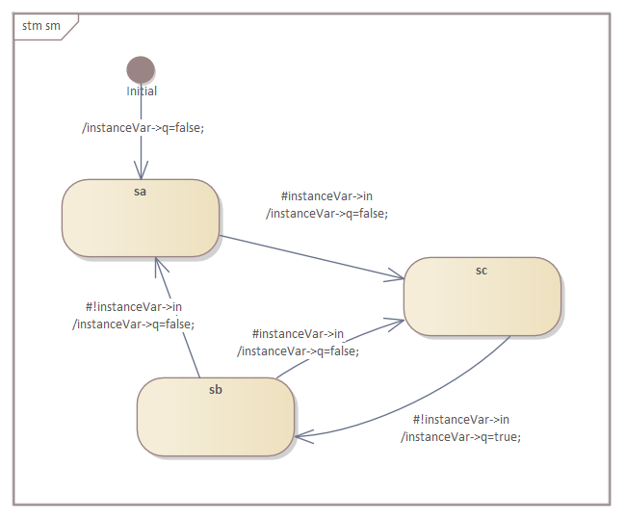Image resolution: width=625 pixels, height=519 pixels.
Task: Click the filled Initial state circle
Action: [x=141, y=69]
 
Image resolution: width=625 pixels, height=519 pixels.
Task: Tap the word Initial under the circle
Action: [x=142, y=91]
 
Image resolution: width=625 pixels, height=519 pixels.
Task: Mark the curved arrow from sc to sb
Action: [x=433, y=404]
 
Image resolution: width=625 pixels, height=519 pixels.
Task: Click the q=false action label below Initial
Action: [x=143, y=127]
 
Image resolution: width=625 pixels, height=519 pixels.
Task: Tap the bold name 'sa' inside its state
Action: [x=140, y=192]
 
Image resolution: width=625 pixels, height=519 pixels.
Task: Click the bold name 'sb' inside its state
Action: [x=215, y=390]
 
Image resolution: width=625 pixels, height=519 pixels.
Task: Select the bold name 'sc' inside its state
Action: [x=482, y=271]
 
